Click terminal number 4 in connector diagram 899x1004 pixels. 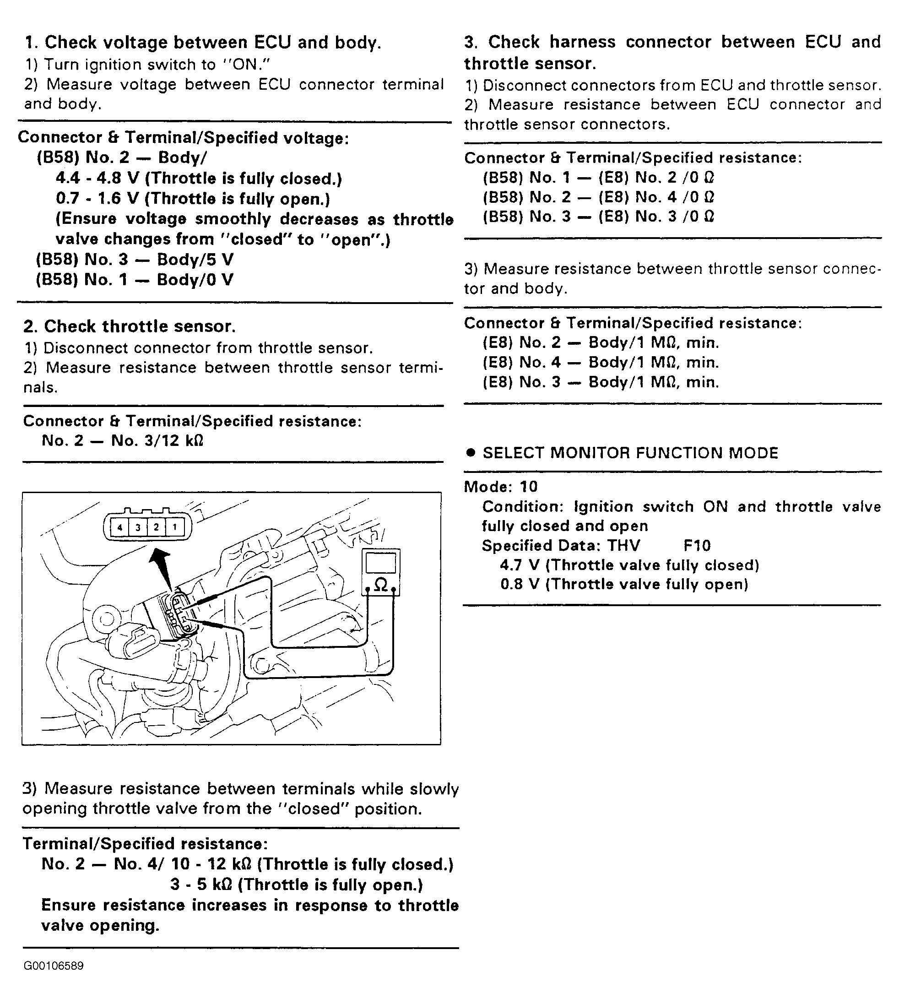(119, 528)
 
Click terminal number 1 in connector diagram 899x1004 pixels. (174, 528)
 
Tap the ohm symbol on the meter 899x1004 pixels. (381, 585)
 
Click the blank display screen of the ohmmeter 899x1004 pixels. (381, 563)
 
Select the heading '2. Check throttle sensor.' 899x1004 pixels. (130, 326)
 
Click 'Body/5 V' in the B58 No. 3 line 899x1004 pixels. (195, 260)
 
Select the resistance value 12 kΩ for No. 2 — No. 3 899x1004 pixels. (181, 441)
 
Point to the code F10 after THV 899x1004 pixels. (697, 545)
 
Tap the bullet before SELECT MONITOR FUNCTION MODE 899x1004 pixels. (471, 453)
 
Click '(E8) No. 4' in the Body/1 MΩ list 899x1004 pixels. (522, 362)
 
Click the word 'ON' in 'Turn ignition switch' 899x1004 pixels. (245, 65)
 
